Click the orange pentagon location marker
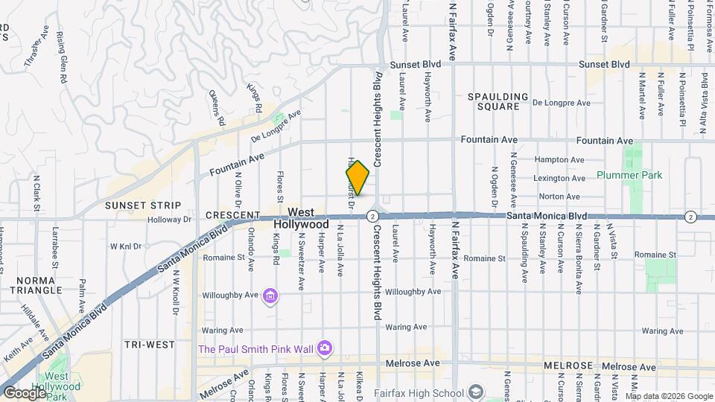(357, 178)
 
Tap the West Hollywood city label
(301, 218)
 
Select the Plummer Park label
(629, 176)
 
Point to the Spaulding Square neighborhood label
(498, 101)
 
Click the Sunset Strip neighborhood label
(142, 205)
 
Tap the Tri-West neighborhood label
(149, 345)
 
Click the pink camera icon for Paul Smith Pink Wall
(324, 348)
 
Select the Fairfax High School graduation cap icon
(476, 392)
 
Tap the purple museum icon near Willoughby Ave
(270, 297)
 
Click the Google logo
(25, 393)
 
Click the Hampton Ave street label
(559, 159)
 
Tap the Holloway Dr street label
(170, 220)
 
